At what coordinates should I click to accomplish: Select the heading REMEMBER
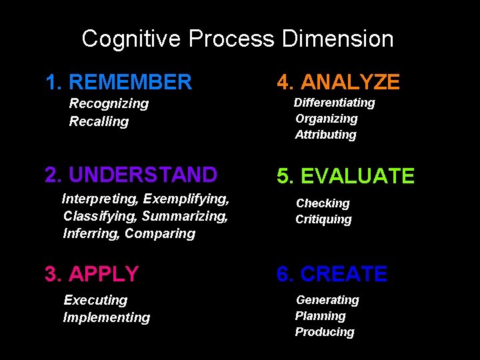(130, 83)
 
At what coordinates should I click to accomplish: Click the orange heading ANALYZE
(350, 83)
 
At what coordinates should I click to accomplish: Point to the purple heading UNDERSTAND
(143, 175)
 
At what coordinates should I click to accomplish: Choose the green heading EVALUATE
(357, 176)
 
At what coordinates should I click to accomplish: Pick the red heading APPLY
(103, 274)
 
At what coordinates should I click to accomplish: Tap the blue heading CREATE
(343, 274)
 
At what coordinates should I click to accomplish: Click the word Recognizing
(109, 103)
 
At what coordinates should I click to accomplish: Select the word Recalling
(99, 121)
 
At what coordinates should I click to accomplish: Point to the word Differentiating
(335, 103)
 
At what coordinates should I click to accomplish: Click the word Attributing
(326, 135)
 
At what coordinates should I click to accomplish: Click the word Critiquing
(323, 219)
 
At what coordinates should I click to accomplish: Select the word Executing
(95, 300)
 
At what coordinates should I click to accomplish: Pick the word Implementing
(107, 317)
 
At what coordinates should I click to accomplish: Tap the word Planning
(321, 316)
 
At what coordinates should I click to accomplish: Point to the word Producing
(325, 332)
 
